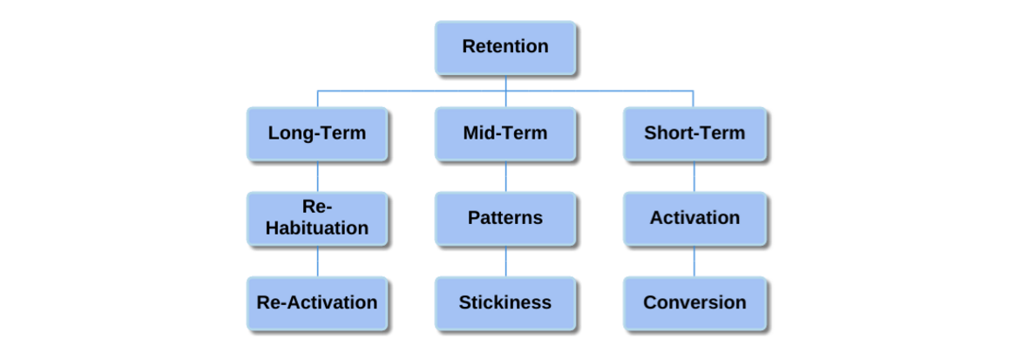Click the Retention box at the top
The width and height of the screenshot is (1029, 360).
(505, 47)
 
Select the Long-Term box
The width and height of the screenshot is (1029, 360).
(317, 133)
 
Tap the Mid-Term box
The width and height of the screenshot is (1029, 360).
(505, 133)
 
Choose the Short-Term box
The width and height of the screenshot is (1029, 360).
(694, 133)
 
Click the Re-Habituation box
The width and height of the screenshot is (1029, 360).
(317, 218)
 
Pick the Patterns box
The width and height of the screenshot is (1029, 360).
(505, 218)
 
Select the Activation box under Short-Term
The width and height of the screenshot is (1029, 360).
(694, 218)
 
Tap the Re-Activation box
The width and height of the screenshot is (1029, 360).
(317, 302)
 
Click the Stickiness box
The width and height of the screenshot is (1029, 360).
(505, 302)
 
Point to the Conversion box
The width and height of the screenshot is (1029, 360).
(694, 302)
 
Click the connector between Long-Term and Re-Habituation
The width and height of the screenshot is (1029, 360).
(317, 176)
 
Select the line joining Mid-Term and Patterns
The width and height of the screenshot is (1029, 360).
(505, 176)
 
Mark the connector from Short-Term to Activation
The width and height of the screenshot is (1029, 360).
(694, 176)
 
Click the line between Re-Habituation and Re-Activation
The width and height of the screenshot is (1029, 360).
(317, 261)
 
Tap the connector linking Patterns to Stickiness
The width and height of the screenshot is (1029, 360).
(505, 261)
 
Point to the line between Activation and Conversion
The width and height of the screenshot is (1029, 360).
(694, 261)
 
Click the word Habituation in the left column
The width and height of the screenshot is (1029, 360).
(317, 228)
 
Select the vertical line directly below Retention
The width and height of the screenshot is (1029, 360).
(505, 83)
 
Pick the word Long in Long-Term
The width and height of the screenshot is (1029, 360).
(288, 133)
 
